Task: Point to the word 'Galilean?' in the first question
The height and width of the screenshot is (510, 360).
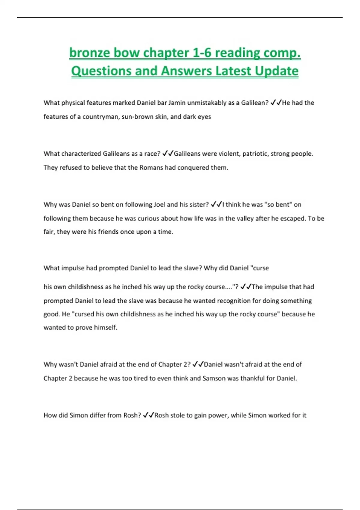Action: coord(255,103)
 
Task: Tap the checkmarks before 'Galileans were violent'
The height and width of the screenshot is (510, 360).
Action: coord(167,154)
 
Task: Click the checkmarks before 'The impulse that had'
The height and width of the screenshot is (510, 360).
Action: coord(246,287)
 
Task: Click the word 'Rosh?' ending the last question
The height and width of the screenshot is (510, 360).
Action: coord(132,415)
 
